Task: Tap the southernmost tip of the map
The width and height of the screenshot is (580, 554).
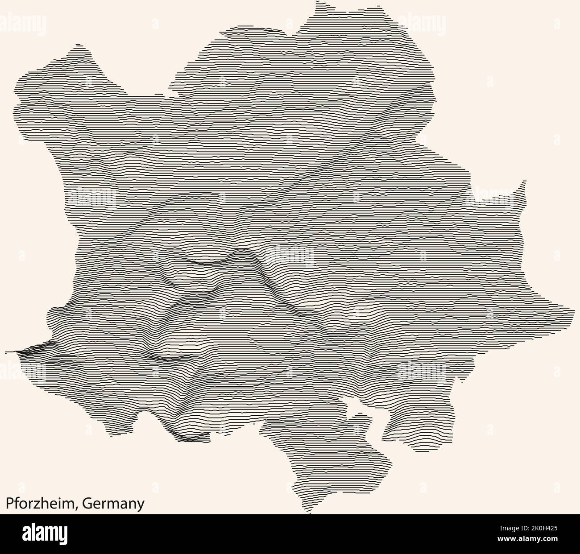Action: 309,513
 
